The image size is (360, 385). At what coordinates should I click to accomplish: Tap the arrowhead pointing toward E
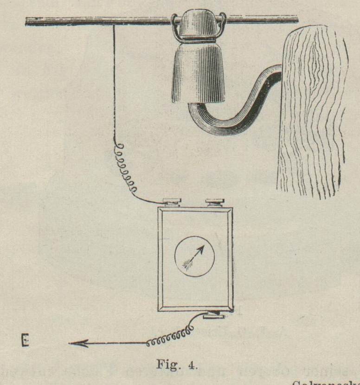tap(74, 344)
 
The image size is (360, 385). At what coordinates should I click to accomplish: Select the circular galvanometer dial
tap(195, 257)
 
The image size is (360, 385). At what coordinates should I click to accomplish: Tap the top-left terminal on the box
tap(173, 202)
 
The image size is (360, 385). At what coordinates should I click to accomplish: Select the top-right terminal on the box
tap(214, 202)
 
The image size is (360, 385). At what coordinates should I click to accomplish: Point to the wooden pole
tap(311, 111)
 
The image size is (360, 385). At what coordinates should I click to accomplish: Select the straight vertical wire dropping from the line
tap(114, 83)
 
